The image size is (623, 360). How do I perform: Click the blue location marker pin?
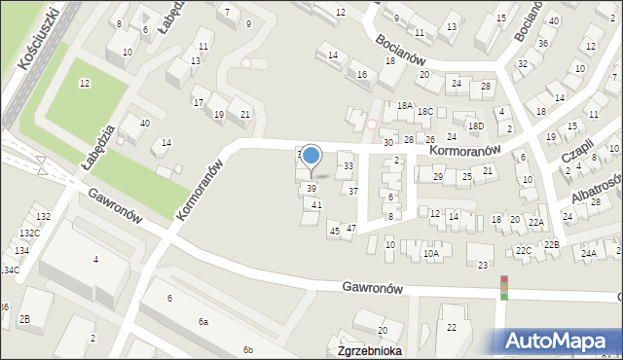point(311,156)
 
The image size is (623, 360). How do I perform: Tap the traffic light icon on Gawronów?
point(504,287)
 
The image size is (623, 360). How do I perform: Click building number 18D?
point(475,126)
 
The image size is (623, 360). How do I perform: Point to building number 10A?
point(431,253)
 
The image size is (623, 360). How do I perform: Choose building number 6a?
point(203,321)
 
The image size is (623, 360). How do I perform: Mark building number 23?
point(482,265)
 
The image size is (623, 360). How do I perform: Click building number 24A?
point(588,253)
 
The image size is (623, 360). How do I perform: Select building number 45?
point(334,231)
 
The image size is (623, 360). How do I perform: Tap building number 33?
point(348,166)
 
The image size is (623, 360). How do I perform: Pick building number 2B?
point(24,319)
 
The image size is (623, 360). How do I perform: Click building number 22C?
point(525,251)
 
